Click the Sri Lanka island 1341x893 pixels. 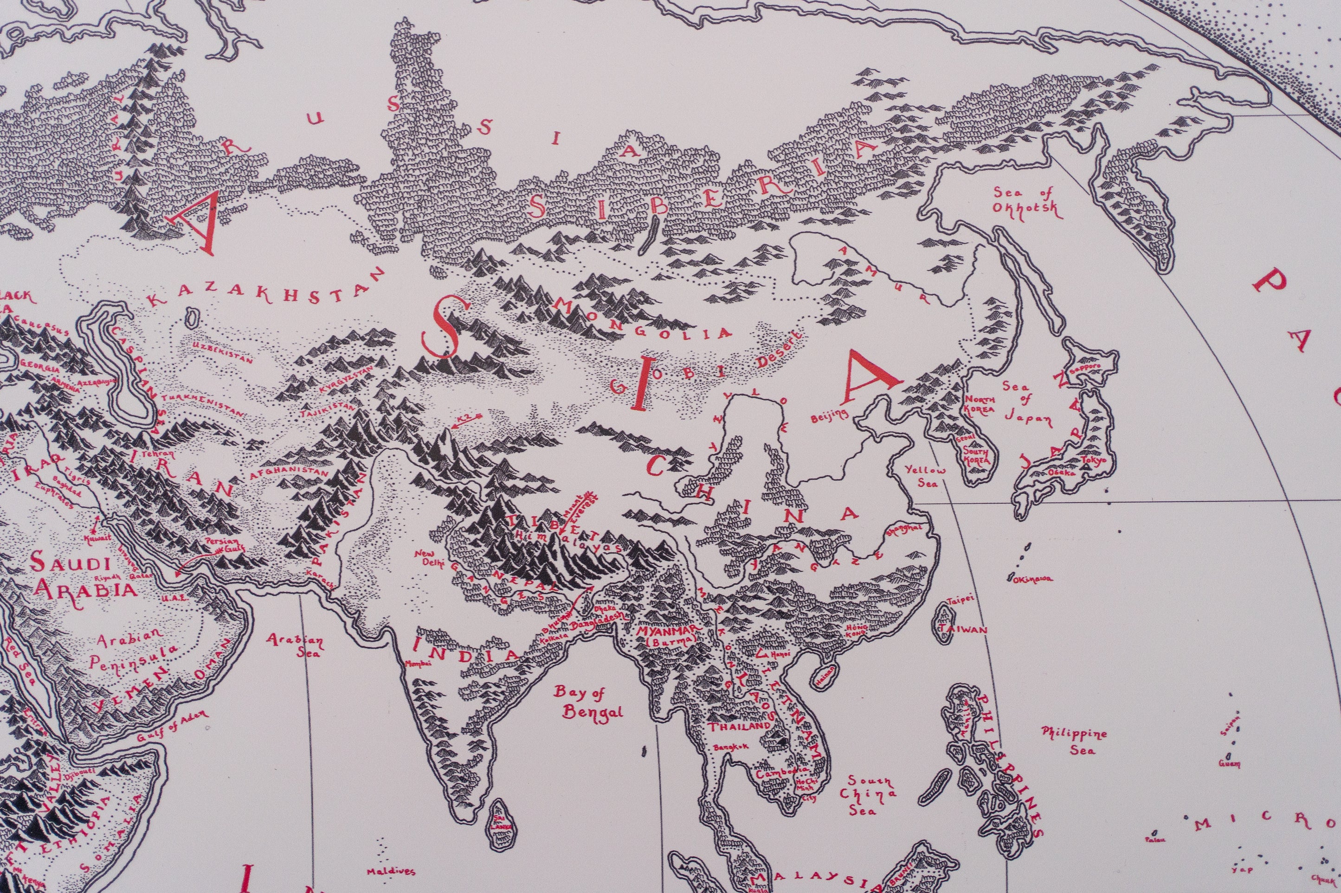[502, 821]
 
